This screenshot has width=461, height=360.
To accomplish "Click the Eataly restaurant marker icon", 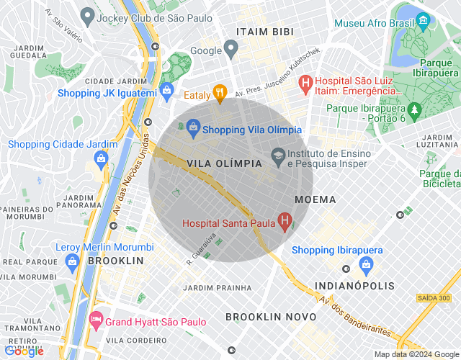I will [x=220, y=92].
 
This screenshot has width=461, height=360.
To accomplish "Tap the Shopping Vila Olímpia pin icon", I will [x=192, y=129].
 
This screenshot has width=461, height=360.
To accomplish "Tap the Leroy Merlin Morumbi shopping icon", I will [x=71, y=263].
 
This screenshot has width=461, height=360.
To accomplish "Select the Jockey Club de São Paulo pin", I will [x=88, y=14].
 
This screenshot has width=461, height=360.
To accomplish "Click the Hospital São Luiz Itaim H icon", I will [x=305, y=83].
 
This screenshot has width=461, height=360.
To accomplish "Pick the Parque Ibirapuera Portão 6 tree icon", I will [x=414, y=110].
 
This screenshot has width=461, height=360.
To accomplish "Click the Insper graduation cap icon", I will [x=278, y=155].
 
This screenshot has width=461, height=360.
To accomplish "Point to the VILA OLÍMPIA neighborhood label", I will [x=224, y=163].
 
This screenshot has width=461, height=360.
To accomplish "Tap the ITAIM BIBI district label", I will [x=263, y=32].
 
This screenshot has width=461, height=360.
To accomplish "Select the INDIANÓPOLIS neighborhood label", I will [x=355, y=286].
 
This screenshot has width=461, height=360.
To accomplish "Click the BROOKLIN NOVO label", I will [x=271, y=317].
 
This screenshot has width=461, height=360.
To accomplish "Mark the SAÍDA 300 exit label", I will [x=433, y=297].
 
